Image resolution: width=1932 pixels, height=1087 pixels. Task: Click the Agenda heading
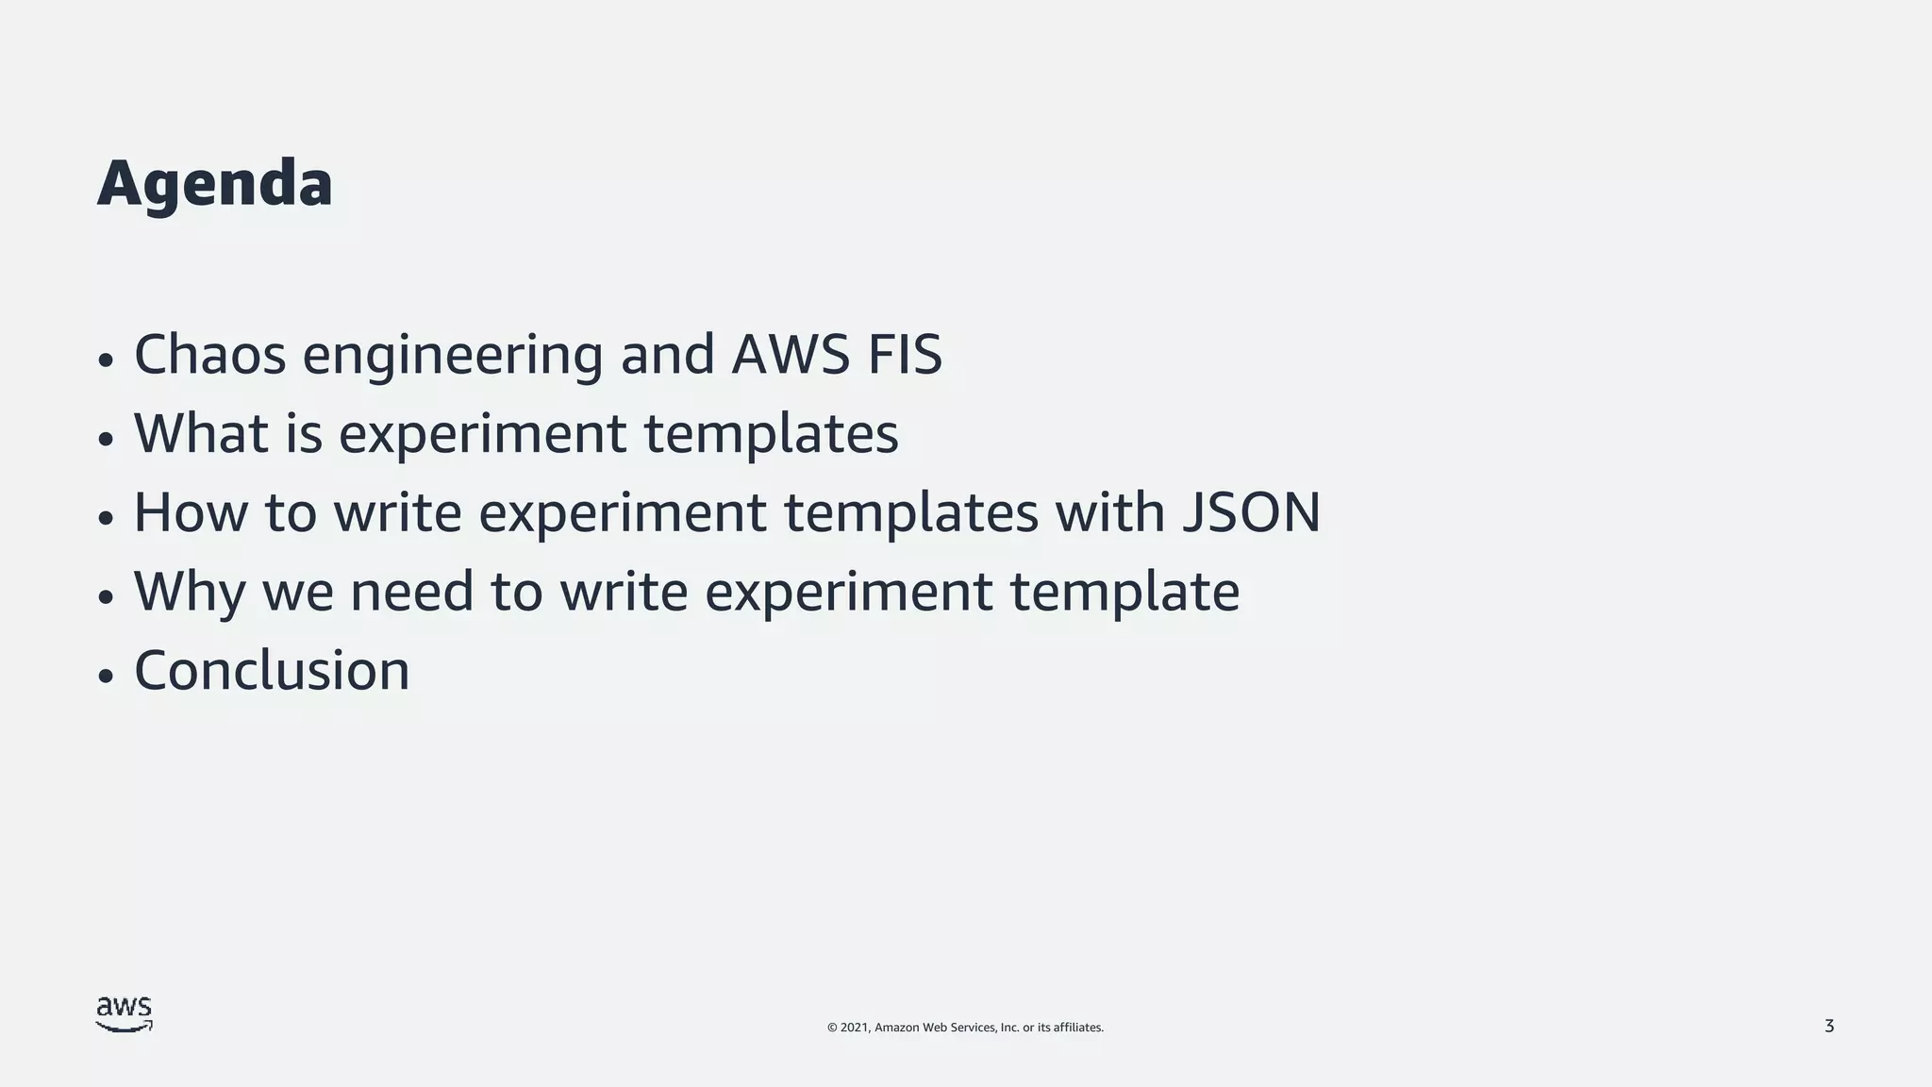(x=215, y=184)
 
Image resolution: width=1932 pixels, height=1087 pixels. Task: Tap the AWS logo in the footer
(x=124, y=1014)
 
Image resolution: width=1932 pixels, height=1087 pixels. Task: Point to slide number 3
(x=1829, y=1027)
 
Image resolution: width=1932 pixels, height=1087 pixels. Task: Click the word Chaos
(x=209, y=355)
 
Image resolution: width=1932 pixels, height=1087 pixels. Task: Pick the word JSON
(x=1251, y=512)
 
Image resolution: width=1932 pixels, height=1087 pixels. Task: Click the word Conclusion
(x=272, y=671)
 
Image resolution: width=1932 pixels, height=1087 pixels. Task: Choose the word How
(x=191, y=512)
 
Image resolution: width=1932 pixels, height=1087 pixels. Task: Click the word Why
(x=189, y=592)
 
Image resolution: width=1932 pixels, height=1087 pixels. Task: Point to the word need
(x=411, y=592)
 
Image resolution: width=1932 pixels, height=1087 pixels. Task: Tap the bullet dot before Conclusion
(x=106, y=676)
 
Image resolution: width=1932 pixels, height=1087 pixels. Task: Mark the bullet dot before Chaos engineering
(x=106, y=360)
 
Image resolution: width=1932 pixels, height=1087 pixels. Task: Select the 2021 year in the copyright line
(x=856, y=1028)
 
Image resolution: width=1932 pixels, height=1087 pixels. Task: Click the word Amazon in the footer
(x=896, y=1028)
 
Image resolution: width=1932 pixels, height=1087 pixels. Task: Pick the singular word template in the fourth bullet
(x=1124, y=593)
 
